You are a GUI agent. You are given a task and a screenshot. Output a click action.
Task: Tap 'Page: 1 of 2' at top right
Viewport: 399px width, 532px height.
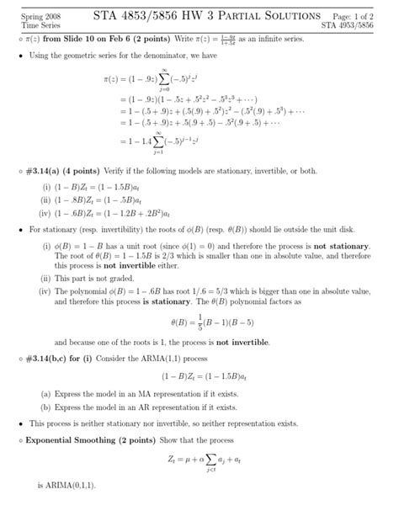[359, 17]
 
